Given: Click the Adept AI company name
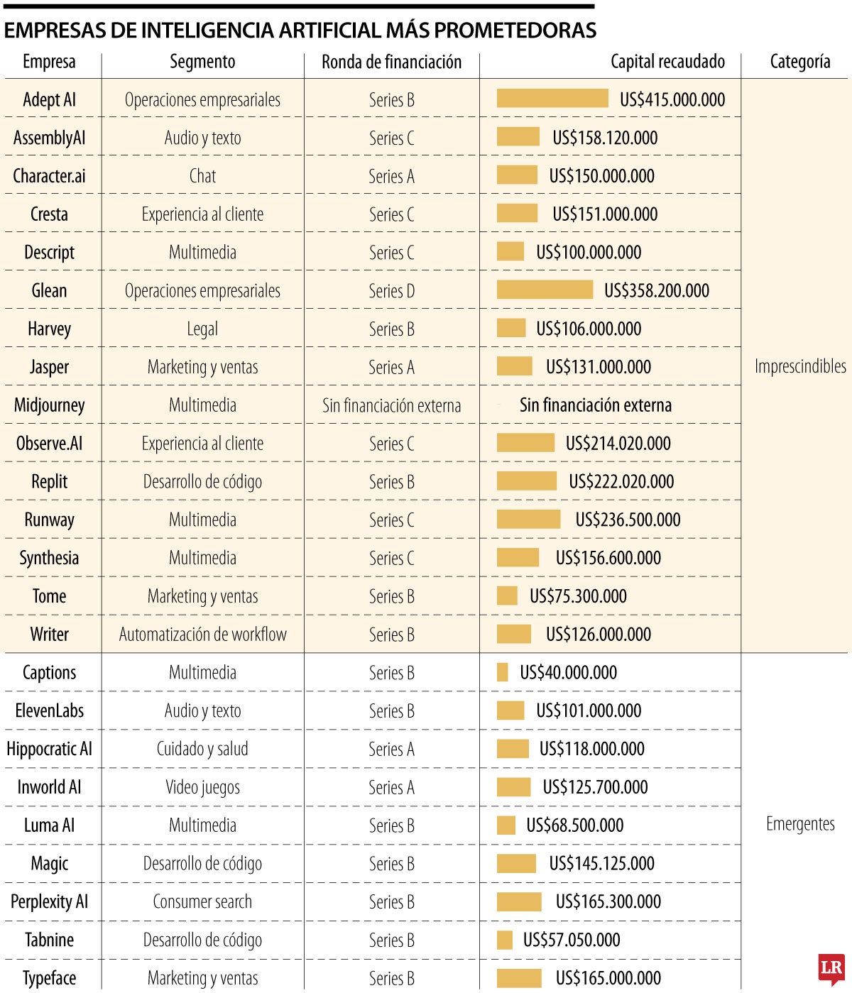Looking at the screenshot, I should pos(49,100).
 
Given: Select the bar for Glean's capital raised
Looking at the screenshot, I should pos(545,290).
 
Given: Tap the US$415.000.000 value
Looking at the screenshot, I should pos(672,100).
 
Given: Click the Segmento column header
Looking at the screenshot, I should pos(202,62).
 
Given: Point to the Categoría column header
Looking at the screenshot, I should pos(800,62).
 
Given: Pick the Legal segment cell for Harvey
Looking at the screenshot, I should pos(202,329).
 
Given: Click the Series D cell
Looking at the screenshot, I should pos(391,291).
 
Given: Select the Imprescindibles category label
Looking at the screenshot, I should pos(800,366).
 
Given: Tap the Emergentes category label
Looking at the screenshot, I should pos(800,824).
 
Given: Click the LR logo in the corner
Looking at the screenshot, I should pos(831,969).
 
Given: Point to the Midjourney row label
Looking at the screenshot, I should pos(49,405).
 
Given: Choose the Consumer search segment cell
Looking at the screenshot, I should pos(202,902).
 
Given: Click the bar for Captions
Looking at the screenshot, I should pos(503,672).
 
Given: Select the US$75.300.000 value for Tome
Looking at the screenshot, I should pos(578,596).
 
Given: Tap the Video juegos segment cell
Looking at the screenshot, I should pos(202,787).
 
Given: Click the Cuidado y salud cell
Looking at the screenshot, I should pos(202,749).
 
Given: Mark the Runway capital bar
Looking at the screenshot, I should pos(528,520).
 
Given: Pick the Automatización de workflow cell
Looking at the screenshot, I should pos(202,635).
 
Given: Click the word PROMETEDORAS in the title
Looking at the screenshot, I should pos(515,31).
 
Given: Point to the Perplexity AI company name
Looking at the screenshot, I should pos(49,902).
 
